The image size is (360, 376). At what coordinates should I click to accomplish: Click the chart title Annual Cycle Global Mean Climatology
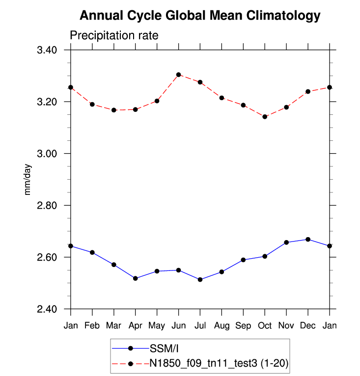pos(200,16)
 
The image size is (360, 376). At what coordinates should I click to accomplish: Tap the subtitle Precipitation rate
pos(113,36)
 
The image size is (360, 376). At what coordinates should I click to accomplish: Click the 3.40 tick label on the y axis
pos(47,50)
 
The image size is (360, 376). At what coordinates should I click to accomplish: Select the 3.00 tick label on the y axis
pos(47,154)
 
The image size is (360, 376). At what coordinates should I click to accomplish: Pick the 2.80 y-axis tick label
pos(47,206)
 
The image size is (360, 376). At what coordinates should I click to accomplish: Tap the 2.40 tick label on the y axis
pos(47,309)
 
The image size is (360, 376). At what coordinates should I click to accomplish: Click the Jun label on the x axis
pos(179,325)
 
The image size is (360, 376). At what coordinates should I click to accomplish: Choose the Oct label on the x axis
pos(265,325)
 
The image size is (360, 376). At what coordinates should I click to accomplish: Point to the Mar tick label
pos(114,325)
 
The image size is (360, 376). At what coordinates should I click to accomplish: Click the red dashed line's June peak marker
pos(179,75)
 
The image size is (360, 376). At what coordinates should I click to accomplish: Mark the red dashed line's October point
pos(265,117)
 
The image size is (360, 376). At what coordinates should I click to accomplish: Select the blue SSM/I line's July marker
pos(200,279)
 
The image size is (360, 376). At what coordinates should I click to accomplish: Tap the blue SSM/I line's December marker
pos(308,239)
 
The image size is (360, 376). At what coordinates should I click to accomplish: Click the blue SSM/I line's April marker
pos(136,278)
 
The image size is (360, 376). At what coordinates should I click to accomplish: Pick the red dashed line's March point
pos(114,110)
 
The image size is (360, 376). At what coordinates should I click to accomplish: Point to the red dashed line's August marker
pos(222,98)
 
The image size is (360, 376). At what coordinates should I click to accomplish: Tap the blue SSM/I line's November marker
pos(286,242)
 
